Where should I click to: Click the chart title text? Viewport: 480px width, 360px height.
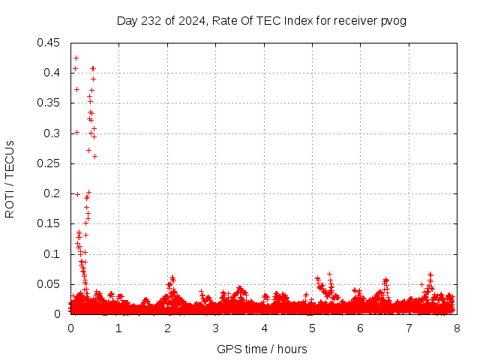261,20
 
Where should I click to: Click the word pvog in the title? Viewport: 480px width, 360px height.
393,20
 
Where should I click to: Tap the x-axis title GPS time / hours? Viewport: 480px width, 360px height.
262,349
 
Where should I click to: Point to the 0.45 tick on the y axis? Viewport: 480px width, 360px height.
50,43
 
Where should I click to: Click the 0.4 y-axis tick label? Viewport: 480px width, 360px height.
53,73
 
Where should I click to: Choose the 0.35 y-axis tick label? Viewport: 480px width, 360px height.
50,103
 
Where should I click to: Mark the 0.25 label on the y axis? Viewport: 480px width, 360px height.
50,163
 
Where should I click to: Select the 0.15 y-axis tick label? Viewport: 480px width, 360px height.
50,223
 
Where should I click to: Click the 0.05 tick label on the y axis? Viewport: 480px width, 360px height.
50,284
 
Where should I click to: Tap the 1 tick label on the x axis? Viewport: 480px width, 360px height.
118,328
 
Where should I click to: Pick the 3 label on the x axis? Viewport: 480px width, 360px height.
215,328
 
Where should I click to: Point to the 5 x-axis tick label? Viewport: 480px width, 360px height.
312,328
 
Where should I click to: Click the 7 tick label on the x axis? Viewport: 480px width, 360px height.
409,328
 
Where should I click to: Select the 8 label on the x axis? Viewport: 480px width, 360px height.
457,328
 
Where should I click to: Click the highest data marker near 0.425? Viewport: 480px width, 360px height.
76,58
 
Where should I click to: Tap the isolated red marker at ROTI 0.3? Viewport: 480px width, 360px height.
76,132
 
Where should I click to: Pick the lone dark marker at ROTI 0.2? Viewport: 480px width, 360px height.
77,194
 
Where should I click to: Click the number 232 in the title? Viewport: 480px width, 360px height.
151,20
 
